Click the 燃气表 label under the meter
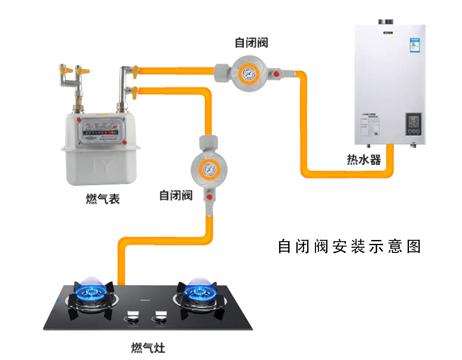tap(103, 199)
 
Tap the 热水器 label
tap(364, 160)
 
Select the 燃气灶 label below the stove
tap(148, 347)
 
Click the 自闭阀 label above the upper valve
tap(251, 43)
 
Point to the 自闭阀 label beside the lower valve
tap(176, 195)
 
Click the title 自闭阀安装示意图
tap(349, 246)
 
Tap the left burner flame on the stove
tap(92, 288)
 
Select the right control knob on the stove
tap(160, 319)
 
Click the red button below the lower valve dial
tap(210, 198)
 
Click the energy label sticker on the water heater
tap(415, 45)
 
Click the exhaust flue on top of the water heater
tap(386, 22)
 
